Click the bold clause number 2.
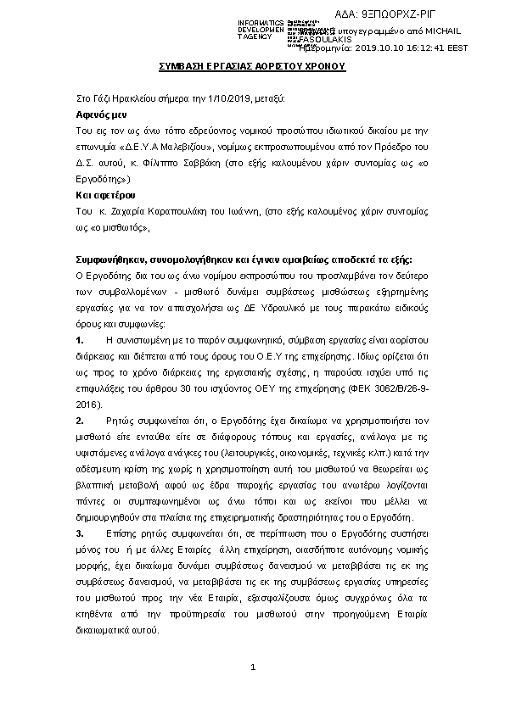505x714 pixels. [x=80, y=421]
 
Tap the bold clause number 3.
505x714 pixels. [x=80, y=533]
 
